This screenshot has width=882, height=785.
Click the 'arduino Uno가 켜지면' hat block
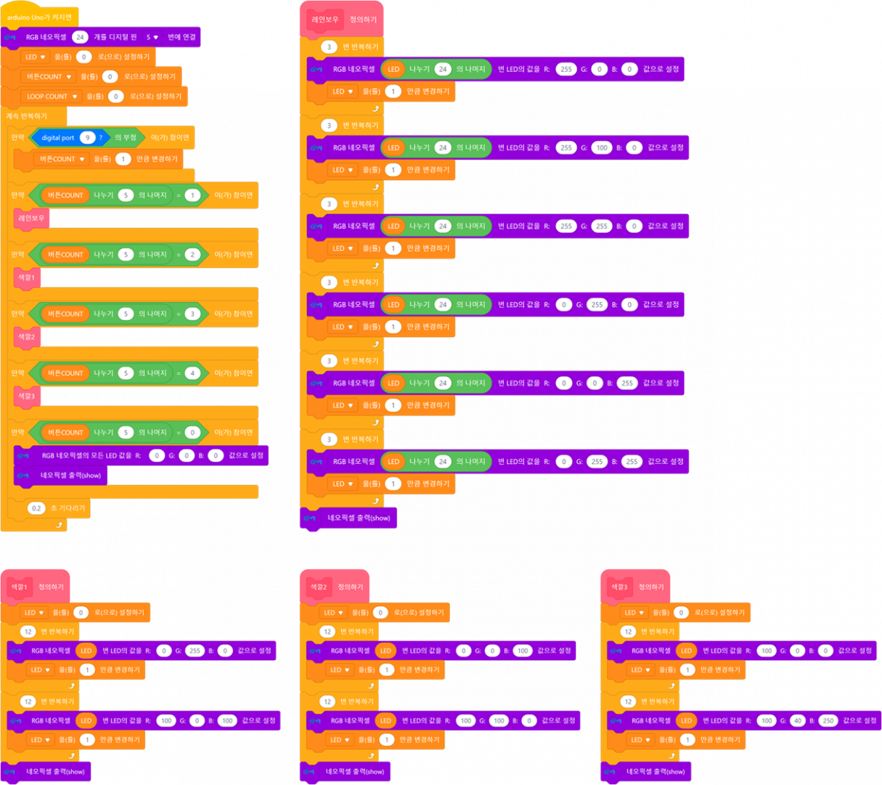[x=39, y=17]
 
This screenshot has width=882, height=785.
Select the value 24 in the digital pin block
[x=80, y=37]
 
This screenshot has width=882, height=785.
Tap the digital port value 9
[x=88, y=137]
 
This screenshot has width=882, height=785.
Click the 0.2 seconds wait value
[x=36, y=508]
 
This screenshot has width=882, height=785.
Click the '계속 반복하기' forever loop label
[x=27, y=116]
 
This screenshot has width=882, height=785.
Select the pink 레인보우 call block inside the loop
[x=31, y=218]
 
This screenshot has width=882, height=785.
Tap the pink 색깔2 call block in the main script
[x=26, y=337]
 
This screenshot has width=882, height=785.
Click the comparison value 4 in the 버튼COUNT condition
[x=192, y=373]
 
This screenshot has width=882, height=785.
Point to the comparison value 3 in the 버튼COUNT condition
[x=192, y=314]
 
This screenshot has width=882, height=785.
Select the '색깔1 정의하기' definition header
[x=38, y=587]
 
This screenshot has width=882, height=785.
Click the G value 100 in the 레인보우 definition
[x=602, y=147]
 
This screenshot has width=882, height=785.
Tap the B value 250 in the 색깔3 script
[x=828, y=720]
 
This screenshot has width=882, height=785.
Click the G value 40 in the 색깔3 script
[x=798, y=720]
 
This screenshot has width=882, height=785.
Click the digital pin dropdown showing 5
[x=152, y=37]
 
